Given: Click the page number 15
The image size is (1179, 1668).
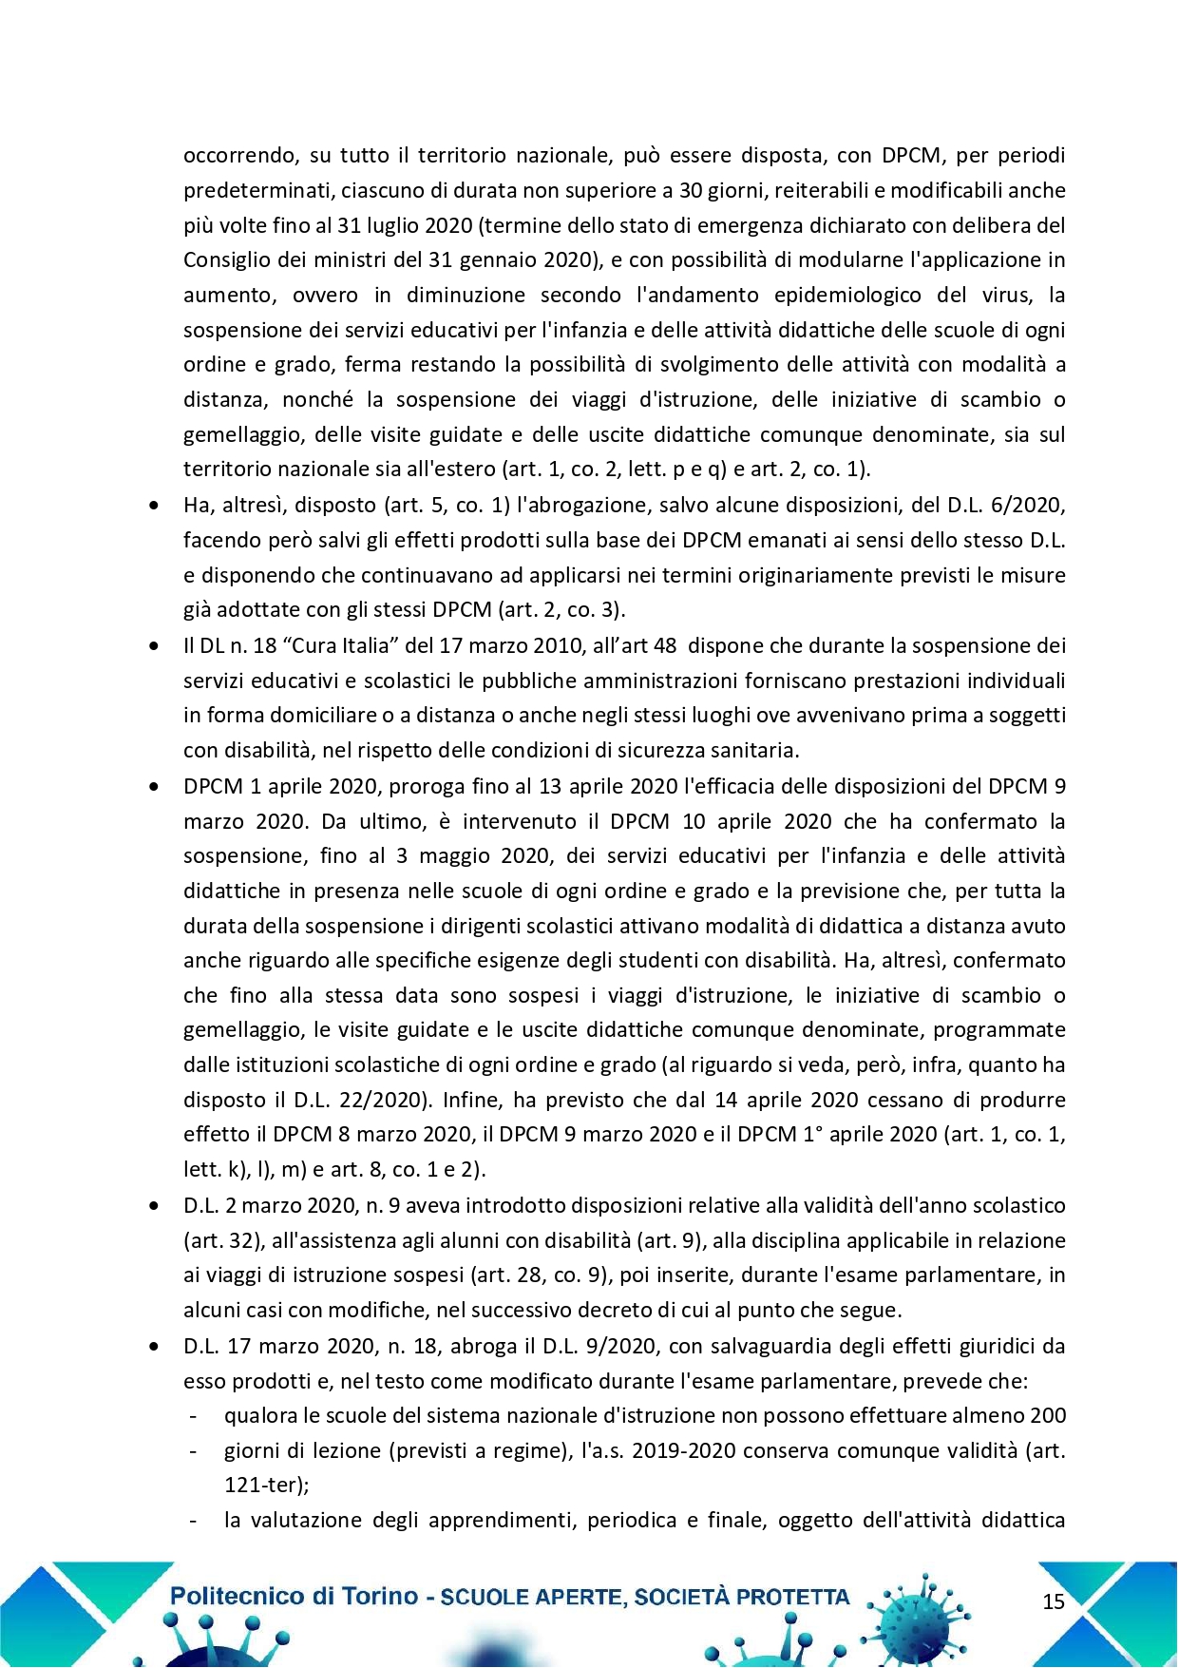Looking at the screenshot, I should coord(1054,1601).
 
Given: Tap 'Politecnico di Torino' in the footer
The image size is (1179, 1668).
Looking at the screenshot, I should coord(294,1596).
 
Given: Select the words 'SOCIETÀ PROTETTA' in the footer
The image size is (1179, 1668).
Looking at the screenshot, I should coord(742,1597).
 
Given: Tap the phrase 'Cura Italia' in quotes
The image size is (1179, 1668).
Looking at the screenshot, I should coord(346,645).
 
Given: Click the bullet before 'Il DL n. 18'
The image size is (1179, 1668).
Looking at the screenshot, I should coord(155,646).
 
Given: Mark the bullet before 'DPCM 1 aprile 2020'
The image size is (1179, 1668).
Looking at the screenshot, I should coord(155,787).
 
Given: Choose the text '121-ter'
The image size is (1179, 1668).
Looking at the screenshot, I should coord(263,1486).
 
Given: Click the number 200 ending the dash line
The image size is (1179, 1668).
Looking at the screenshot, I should coord(1047,1415).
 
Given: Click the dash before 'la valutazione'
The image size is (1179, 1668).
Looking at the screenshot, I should coord(194,1521).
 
